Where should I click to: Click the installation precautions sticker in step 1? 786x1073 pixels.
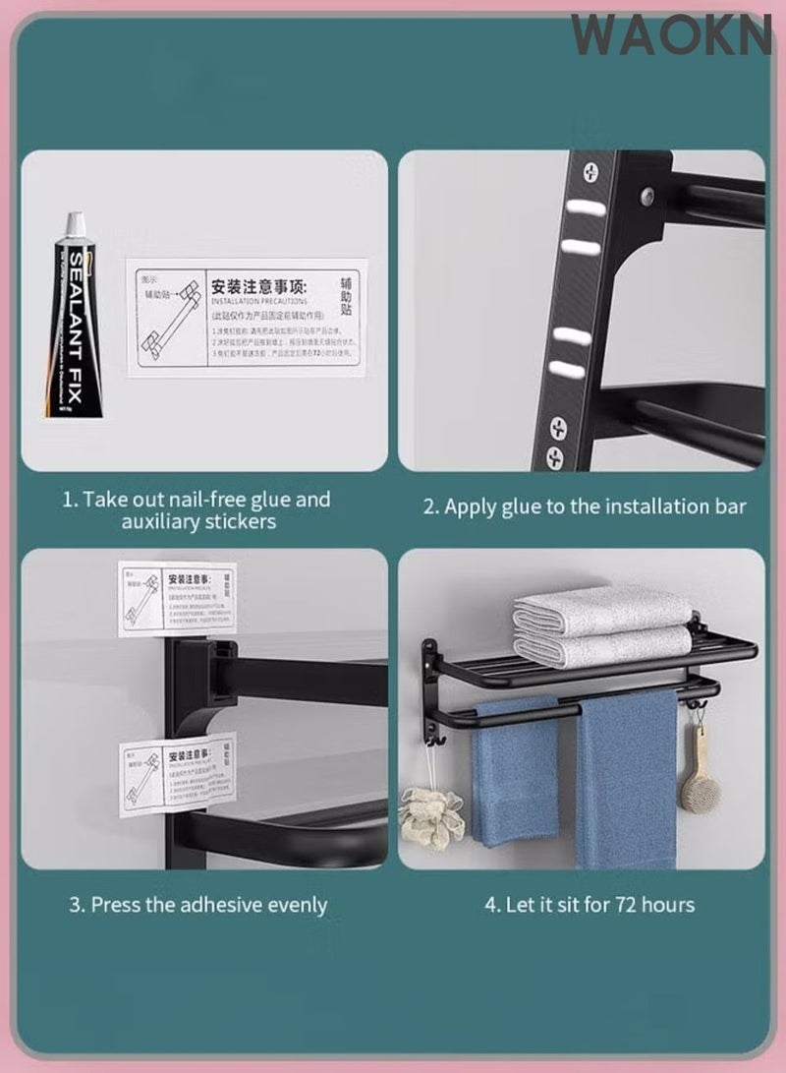[247, 312]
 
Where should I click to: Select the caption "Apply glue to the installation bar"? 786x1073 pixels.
[585, 507]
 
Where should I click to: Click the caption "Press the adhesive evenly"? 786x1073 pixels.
[197, 904]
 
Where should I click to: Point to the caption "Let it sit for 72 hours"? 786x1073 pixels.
[589, 904]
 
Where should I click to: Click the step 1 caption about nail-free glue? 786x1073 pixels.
[196, 510]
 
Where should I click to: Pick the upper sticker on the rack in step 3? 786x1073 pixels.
[177, 599]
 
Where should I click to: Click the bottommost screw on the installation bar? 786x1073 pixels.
[555, 455]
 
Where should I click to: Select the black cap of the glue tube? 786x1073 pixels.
[74, 227]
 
